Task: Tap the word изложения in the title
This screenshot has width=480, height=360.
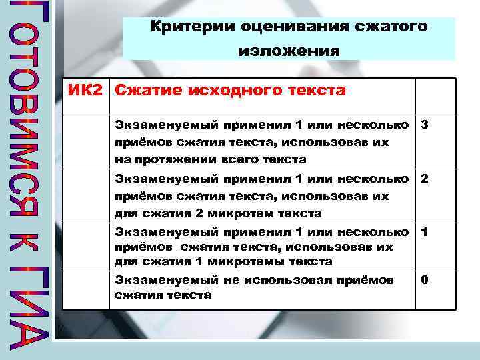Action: click(289, 51)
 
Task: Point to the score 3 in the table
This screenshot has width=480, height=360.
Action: click(425, 125)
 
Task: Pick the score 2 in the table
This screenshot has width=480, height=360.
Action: click(425, 179)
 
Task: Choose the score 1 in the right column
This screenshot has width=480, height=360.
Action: click(425, 232)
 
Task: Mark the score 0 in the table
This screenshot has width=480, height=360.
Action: click(425, 279)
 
